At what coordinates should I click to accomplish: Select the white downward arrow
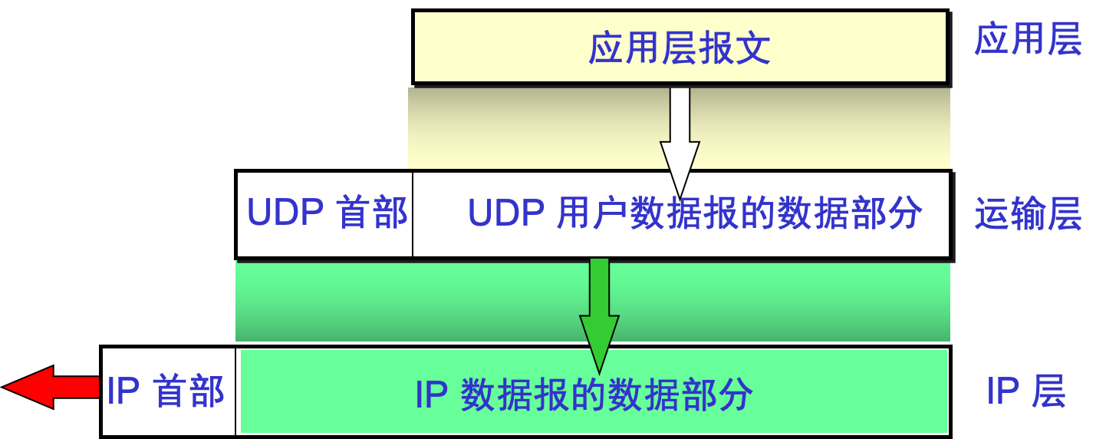[680, 138]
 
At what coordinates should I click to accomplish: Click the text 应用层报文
[680, 49]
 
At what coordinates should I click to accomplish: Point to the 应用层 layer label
[1028, 39]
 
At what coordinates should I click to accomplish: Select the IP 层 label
[1026, 392]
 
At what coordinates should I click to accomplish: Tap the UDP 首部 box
[326, 214]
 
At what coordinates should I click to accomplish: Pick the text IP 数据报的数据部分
[584, 395]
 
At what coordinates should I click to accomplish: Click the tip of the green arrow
[599, 371]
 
